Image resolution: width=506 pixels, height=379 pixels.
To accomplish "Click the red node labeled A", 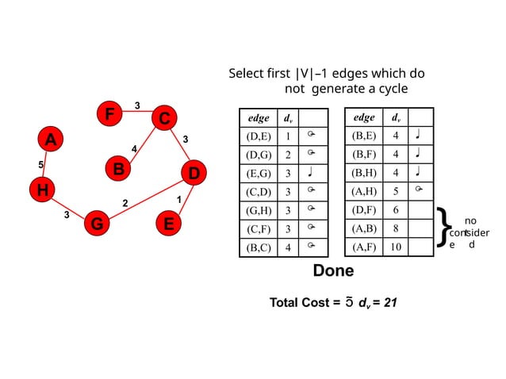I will tap(50, 140).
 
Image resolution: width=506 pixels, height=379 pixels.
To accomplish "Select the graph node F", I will tap(109, 114).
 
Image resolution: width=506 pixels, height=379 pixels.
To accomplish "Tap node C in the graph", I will tap(163, 119).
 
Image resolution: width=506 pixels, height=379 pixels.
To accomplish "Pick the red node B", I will tap(117, 169).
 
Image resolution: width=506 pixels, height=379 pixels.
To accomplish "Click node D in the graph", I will tap(193, 172).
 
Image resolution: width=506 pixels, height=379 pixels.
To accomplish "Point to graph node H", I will tap(41, 189).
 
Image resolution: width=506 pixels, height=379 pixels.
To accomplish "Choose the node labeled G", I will tap(96, 224).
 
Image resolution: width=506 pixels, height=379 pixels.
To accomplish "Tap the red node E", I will tap(168, 224).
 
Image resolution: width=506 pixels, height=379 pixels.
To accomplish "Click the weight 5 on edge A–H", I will tap(40, 164).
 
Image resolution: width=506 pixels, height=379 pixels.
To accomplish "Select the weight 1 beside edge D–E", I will tap(179, 198).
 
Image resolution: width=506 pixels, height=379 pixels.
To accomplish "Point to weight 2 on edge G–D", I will tap(125, 204).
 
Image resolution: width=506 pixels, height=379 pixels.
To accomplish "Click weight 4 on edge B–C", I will tap(134, 148).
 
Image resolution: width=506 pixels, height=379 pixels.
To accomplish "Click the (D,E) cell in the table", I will tap(259, 136).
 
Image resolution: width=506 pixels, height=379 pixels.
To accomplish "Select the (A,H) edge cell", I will tap(364, 191).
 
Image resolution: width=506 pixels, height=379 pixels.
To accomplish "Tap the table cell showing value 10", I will tap(395, 247).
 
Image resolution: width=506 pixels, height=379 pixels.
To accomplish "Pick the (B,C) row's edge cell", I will tap(259, 247).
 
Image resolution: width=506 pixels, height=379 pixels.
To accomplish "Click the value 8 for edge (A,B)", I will tap(395, 228).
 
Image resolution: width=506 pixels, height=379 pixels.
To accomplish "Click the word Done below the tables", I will tap(333, 271).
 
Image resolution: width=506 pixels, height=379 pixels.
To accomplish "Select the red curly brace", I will tap(443, 228).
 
